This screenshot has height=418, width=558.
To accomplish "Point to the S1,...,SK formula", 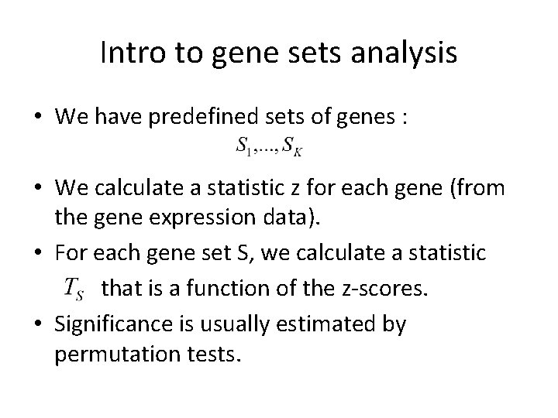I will [269, 146].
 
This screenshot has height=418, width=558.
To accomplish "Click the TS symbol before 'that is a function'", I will [74, 289].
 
